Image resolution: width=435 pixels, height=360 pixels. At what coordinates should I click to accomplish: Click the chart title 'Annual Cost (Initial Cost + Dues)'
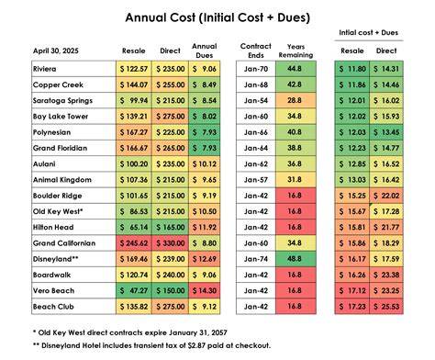(x=217, y=17)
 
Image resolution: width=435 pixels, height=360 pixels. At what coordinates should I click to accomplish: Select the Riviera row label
(x=45, y=69)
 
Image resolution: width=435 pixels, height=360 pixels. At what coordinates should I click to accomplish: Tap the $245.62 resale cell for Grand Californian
(x=134, y=243)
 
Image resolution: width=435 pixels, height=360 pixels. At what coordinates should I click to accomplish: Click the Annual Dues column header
(x=205, y=51)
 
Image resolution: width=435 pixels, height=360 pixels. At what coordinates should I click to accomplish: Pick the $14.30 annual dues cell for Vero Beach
(x=205, y=291)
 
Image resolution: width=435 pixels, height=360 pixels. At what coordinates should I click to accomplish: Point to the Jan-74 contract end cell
(x=256, y=259)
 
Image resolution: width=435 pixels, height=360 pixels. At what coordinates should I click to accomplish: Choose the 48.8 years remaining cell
(x=296, y=259)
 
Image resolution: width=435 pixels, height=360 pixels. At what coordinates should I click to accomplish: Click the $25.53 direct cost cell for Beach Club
(x=386, y=307)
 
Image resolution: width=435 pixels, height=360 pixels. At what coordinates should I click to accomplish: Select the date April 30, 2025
(x=56, y=51)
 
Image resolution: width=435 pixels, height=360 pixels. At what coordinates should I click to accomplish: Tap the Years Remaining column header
(x=296, y=51)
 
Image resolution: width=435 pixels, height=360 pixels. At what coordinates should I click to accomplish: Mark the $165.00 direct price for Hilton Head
(x=170, y=228)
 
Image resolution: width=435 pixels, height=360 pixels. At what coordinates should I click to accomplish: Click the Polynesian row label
(x=51, y=132)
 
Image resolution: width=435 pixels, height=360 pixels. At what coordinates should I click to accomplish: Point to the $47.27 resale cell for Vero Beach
(x=134, y=291)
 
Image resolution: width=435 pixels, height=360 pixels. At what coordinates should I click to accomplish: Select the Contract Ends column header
(x=256, y=51)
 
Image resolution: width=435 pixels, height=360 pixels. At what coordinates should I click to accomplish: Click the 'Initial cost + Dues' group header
(x=369, y=32)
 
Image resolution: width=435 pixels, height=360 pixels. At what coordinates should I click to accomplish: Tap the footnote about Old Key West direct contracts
(x=130, y=332)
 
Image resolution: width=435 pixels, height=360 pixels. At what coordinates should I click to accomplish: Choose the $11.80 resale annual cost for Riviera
(x=352, y=69)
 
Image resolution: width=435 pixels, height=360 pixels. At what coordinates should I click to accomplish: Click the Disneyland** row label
(x=56, y=259)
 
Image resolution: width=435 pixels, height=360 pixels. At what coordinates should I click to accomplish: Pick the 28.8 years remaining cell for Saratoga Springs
(x=296, y=101)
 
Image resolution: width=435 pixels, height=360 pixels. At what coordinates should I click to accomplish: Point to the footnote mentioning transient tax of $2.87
(x=151, y=345)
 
